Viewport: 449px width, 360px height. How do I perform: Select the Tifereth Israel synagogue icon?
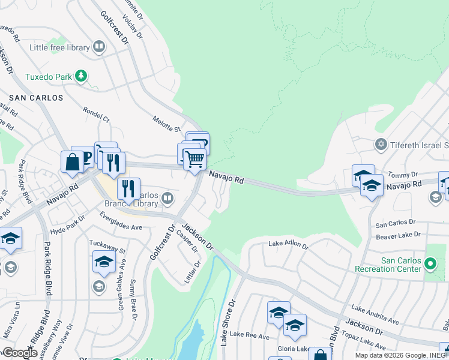[380, 145]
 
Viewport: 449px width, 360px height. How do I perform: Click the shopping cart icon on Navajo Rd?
[194, 160]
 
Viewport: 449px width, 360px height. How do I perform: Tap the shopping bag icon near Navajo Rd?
[72, 162]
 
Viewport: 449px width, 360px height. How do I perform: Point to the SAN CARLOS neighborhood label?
[36, 97]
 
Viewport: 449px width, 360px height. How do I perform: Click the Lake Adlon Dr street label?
[288, 245]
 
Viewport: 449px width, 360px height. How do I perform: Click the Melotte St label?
[166, 124]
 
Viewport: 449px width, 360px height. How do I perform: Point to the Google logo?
[19, 353]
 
